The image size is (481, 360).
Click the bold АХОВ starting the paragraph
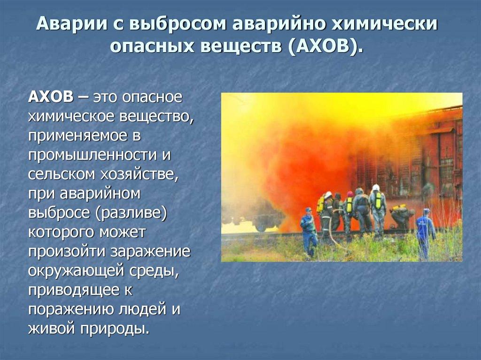(x=51, y=98)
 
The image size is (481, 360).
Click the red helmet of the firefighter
(x=350, y=194)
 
